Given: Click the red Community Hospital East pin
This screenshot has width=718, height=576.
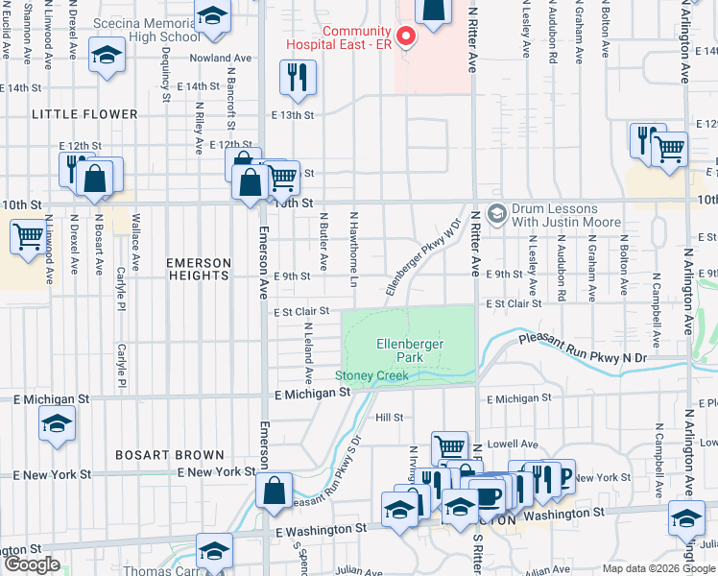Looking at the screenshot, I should (405, 37).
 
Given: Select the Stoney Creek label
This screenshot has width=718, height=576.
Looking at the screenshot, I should (371, 375).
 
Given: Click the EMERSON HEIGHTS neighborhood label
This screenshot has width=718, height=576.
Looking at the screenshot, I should (200, 269).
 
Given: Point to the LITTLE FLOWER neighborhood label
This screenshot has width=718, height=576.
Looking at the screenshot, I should (84, 114).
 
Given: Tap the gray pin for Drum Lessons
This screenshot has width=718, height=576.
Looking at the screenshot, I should (497, 212).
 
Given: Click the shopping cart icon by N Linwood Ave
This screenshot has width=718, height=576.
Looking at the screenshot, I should (28, 235).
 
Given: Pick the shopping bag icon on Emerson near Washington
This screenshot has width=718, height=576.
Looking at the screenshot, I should (275, 491).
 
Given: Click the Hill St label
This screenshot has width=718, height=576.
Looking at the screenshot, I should (389, 417).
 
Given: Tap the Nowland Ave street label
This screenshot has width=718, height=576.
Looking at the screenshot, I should (220, 59).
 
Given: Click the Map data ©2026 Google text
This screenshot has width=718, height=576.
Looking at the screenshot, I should (658, 568).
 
